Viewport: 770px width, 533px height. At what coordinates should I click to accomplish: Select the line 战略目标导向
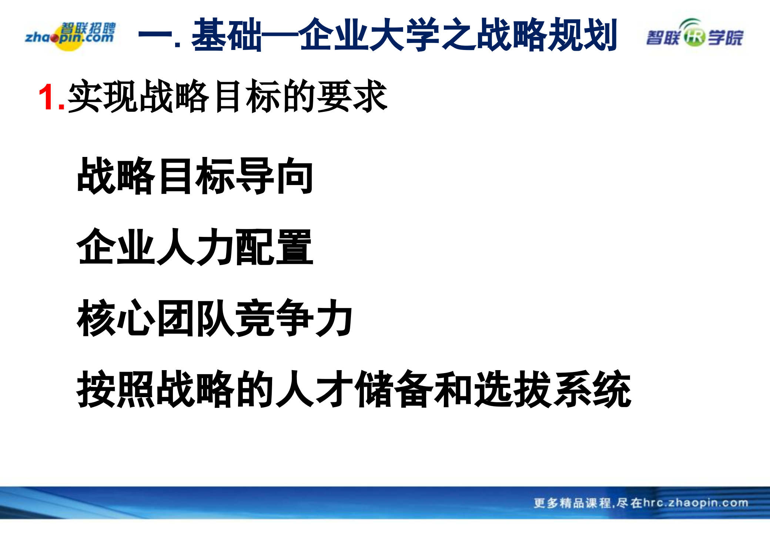(x=195, y=176)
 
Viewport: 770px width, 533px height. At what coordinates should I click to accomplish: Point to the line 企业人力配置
(x=195, y=247)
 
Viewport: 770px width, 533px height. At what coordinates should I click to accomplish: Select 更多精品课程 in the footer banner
(x=572, y=503)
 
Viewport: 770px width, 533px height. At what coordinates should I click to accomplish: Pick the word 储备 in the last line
(x=394, y=389)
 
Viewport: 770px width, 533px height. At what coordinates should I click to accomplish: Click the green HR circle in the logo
(x=694, y=37)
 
